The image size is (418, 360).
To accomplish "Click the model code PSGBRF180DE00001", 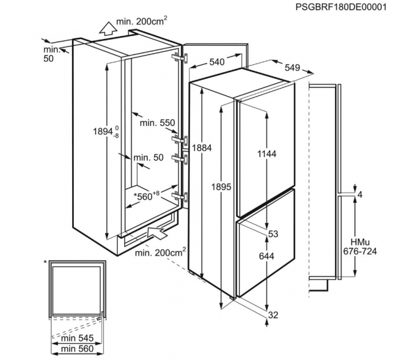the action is point(341,7).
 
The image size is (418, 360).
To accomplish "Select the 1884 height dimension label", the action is point(202,148).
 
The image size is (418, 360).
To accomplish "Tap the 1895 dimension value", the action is point(221,187).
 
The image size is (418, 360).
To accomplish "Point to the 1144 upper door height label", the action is point(267,154).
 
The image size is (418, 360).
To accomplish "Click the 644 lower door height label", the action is point(267,256).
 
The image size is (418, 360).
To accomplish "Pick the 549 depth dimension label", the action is point(292,68).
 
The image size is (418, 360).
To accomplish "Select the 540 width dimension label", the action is point(217,62).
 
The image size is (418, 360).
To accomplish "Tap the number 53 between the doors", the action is point(273,234).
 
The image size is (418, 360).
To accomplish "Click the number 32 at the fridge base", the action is point(273,315).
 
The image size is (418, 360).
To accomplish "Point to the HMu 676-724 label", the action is point(360,247).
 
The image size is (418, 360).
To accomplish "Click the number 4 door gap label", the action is point(360,195).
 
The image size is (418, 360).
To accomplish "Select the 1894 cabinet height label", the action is point(106,131).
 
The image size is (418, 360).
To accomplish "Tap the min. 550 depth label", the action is point(157,123).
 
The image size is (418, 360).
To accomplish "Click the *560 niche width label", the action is point(147,196).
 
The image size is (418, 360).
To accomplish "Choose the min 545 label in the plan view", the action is point(77,338).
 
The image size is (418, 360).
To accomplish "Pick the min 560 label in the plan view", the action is point(77,349).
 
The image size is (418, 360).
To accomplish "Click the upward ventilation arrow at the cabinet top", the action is point(108,28).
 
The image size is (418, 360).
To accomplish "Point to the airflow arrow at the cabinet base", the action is point(157,233).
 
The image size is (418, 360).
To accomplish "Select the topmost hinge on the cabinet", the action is point(180,58).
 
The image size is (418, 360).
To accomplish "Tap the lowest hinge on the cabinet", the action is point(180,197).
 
